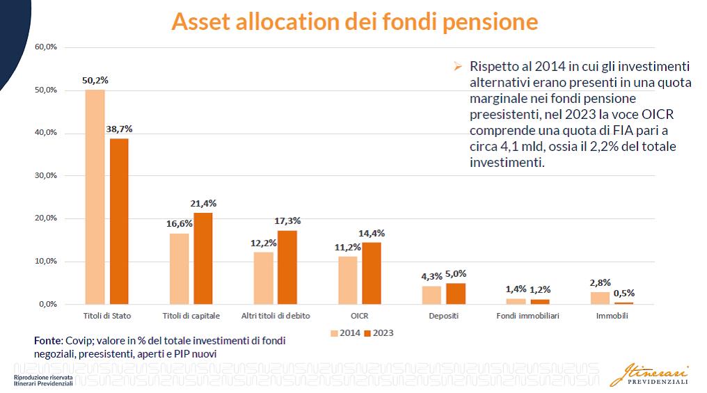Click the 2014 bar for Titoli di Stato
click(95, 197)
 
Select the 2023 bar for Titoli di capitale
click(203, 258)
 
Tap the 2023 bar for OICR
click(372, 273)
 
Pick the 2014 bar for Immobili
click(600, 298)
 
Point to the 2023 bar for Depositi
click(455, 294)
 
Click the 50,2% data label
click(95, 81)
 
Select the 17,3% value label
click(287, 220)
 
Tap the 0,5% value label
click(623, 293)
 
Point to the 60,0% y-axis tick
click(45, 47)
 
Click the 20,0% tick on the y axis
click(45, 218)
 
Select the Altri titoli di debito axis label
click(276, 316)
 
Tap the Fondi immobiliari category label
click(527, 316)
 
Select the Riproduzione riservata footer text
click(43, 378)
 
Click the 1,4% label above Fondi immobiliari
click(516, 289)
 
